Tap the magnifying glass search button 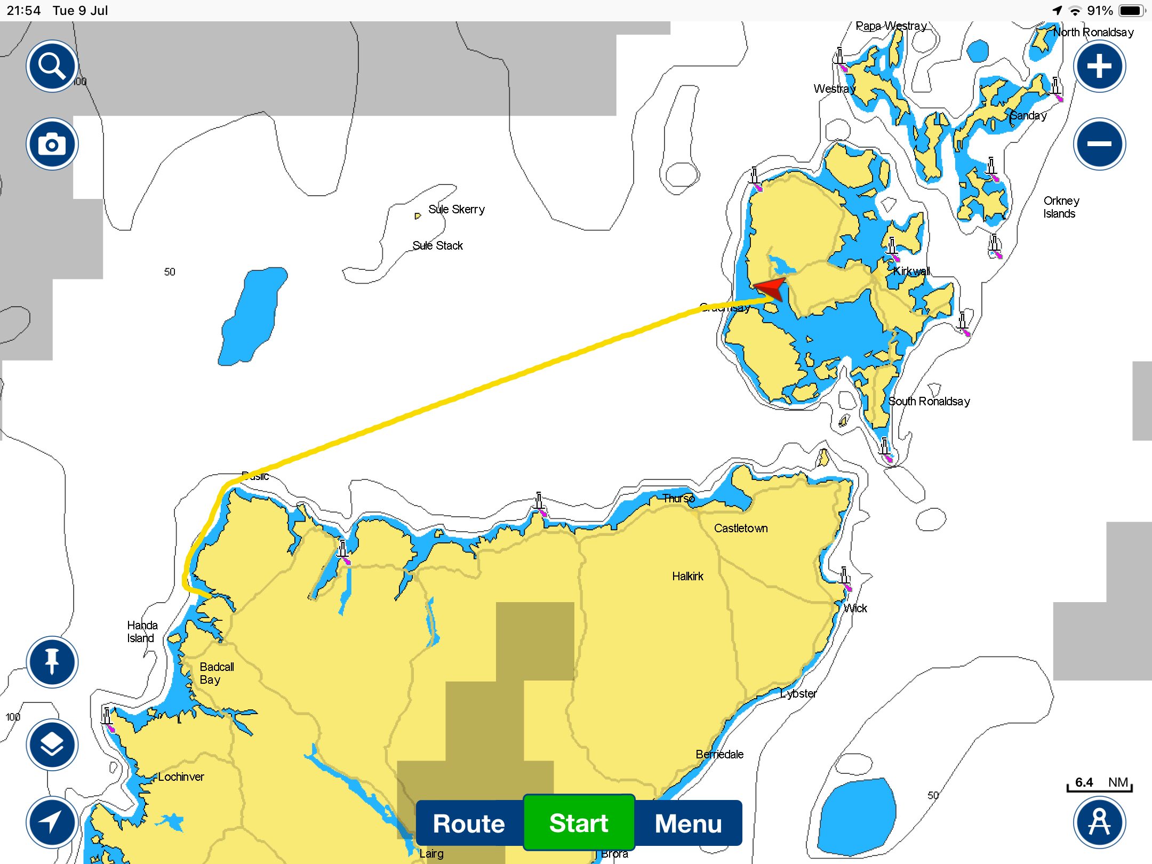(52, 66)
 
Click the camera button (52, 144)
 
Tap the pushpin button (52, 662)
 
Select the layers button (52, 745)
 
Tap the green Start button (579, 823)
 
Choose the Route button (469, 823)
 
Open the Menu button (688, 823)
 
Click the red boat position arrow (771, 289)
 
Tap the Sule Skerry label (457, 209)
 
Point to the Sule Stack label (437, 245)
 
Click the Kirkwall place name (911, 271)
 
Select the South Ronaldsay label (929, 401)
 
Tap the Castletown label (741, 528)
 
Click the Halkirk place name (687, 576)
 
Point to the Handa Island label (142, 631)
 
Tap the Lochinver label (181, 777)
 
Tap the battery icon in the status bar (1131, 11)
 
